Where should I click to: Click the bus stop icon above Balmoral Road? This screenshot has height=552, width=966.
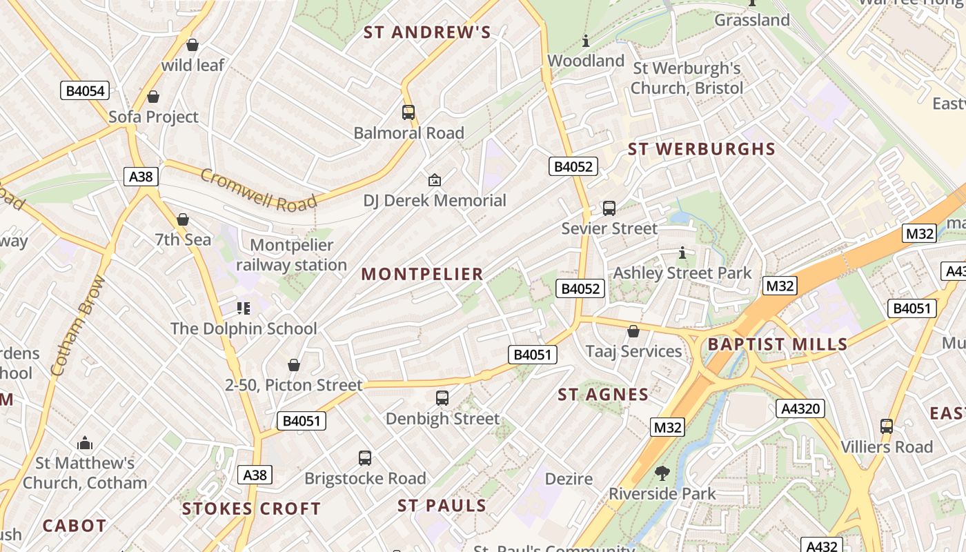[408, 112]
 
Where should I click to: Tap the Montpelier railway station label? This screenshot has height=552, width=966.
[291, 255]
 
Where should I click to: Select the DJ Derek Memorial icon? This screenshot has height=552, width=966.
[434, 180]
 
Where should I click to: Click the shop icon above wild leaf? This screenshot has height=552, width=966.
[193, 45]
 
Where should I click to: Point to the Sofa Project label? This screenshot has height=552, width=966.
[153, 117]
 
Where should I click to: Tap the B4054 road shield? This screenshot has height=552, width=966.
[85, 90]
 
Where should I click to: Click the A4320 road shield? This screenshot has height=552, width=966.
[800, 408]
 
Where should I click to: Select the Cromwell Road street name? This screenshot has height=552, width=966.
[259, 190]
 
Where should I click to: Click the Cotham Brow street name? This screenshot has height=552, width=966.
[78, 326]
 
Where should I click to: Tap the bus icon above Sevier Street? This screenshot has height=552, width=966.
[609, 208]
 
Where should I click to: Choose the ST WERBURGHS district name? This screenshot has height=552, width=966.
[701, 149]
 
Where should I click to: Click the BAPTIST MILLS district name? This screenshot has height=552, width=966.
[778, 344]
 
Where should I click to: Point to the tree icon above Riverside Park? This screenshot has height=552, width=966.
[662, 473]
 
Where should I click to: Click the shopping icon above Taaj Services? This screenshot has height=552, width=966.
[633, 331]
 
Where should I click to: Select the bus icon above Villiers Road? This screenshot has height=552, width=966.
[887, 426]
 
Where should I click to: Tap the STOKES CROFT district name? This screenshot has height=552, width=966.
[251, 509]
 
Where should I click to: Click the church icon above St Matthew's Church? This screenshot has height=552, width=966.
[85, 442]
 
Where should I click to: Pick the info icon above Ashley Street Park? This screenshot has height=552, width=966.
[682, 253]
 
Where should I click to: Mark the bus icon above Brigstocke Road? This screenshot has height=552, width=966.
[364, 457]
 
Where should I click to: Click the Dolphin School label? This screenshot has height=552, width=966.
[244, 328]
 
